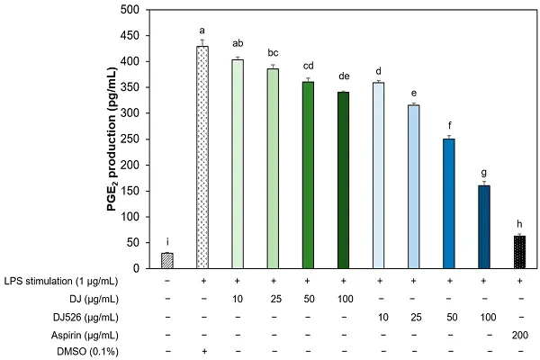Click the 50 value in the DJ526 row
point(450,316)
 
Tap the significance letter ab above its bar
point(238,41)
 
